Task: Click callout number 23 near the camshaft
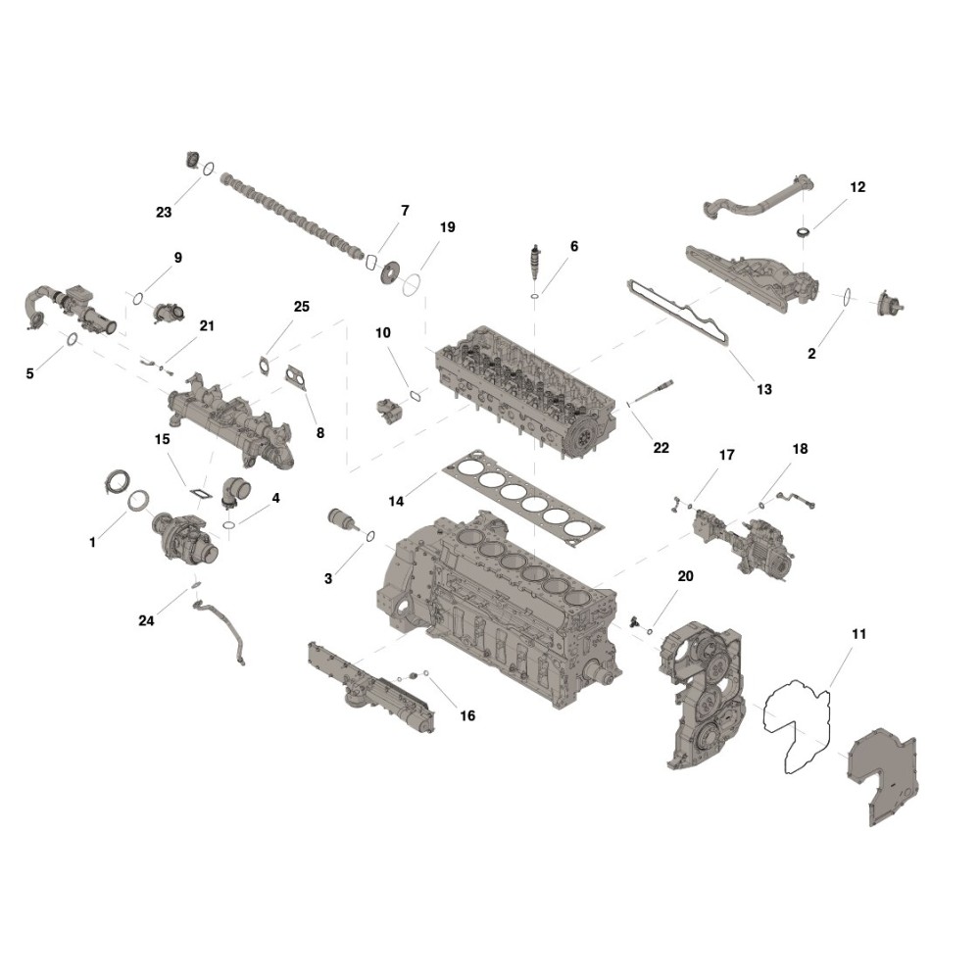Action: (x=164, y=213)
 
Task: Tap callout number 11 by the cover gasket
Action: (x=858, y=634)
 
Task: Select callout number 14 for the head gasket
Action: (x=396, y=501)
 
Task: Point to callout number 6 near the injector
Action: (x=574, y=246)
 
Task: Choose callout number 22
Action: (x=661, y=448)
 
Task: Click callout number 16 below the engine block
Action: (x=467, y=715)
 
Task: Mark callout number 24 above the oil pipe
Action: (x=146, y=620)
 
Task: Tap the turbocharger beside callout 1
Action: (x=185, y=537)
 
